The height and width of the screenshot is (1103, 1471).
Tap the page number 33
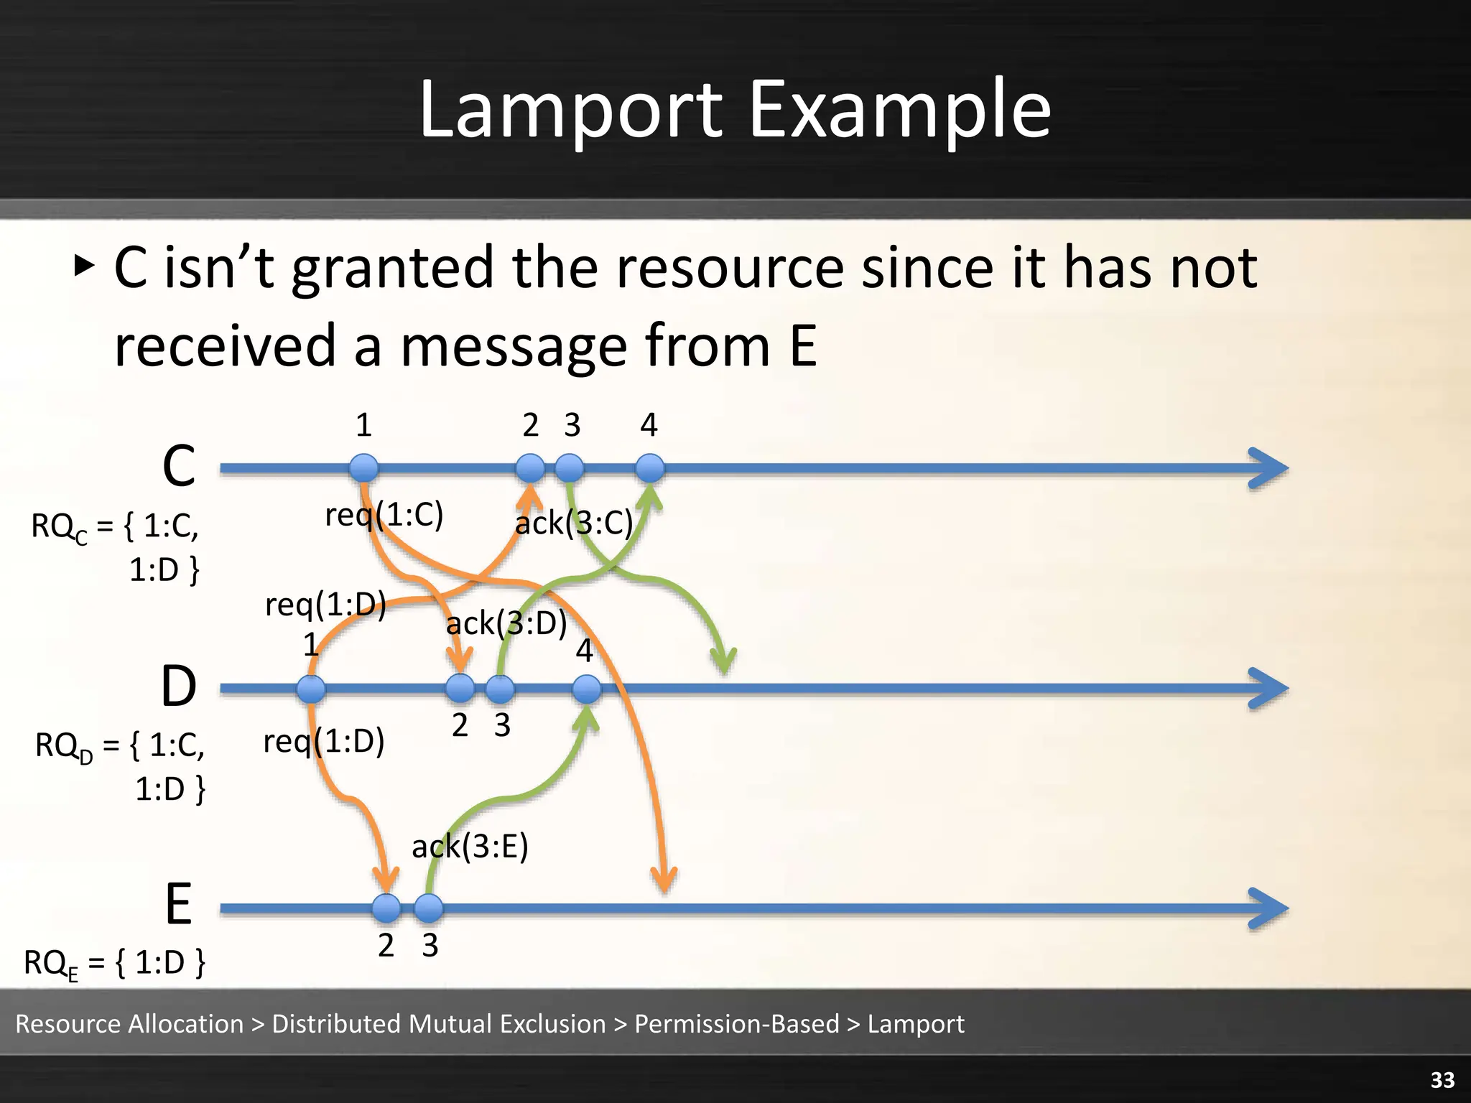tap(1442, 1079)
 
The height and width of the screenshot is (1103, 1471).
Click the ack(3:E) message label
tap(470, 846)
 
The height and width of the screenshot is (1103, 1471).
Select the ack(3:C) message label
tap(574, 522)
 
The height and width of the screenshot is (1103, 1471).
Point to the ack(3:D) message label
tap(506, 623)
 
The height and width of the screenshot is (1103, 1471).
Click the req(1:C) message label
tap(384, 514)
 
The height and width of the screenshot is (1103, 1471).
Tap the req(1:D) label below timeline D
tap(324, 740)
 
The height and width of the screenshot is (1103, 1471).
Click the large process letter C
tap(178, 466)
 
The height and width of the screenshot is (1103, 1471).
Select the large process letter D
tap(178, 687)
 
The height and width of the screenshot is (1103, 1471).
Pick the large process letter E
tap(178, 904)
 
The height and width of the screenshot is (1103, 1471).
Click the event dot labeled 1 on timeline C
tap(364, 468)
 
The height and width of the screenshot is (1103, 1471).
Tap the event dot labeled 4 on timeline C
tap(650, 468)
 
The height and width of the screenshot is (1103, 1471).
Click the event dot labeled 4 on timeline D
tap(587, 689)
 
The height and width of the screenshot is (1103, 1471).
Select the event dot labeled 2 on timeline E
tap(386, 908)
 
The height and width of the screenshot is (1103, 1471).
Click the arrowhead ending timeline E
tap(1270, 908)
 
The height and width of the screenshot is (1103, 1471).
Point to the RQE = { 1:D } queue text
tap(115, 963)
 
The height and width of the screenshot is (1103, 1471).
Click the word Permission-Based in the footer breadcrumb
tap(736, 1023)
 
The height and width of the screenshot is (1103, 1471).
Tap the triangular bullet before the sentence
tap(84, 266)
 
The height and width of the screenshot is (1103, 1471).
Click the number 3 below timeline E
tap(430, 945)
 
